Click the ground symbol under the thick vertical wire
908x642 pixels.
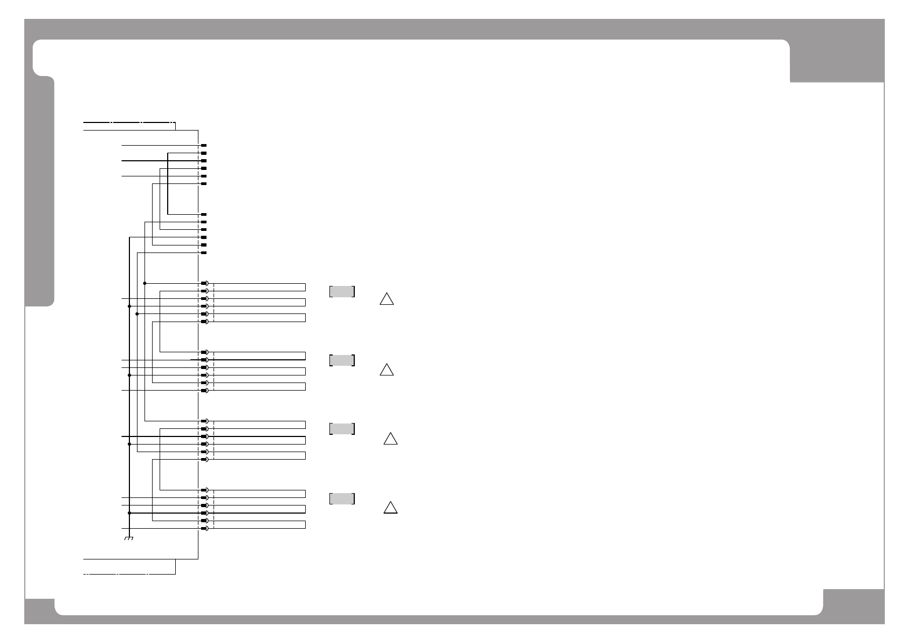point(129,539)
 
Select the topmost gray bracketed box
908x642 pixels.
point(342,291)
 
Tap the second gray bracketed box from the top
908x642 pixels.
point(342,360)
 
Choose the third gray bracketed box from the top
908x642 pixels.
point(342,429)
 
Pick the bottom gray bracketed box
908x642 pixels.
point(342,498)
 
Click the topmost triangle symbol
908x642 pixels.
point(386,299)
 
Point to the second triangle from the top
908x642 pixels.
point(386,370)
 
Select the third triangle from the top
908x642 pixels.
point(390,439)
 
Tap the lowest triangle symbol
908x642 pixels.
point(390,508)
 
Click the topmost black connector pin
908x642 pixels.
point(204,146)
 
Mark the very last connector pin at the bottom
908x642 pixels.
point(204,528)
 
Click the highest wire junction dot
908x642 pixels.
point(145,283)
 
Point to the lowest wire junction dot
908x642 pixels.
point(129,513)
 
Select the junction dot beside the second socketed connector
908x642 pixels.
point(129,375)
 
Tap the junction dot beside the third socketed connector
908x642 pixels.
point(129,444)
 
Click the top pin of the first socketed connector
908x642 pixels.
point(204,283)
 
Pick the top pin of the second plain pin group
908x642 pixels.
point(204,215)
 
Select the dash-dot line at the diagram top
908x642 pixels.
point(129,123)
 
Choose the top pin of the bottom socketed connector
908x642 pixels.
point(204,490)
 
